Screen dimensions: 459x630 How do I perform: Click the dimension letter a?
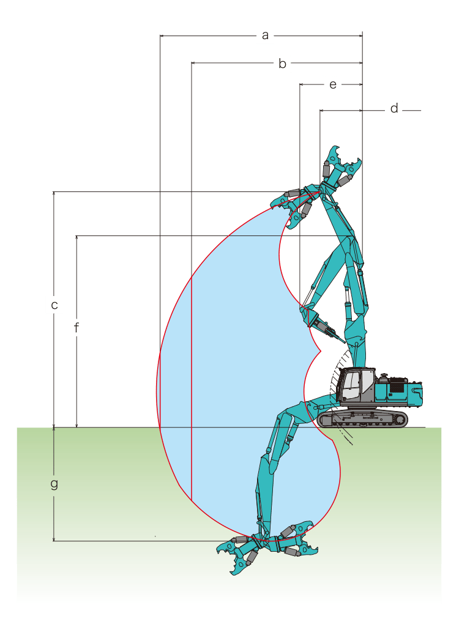coord(265,35)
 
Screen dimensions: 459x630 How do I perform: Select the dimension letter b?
coord(282,64)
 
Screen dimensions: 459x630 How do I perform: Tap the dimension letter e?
coord(333,85)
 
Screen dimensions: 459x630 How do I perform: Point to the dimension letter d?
coord(394,108)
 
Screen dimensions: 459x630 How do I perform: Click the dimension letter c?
coord(54,305)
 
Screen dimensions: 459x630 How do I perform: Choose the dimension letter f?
coord(76,328)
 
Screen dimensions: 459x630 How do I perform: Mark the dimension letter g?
coord(54,484)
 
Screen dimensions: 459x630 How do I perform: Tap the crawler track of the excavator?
coord(362,418)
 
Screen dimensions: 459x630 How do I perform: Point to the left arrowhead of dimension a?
coord(162,35)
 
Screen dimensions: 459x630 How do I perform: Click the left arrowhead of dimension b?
coord(194,63)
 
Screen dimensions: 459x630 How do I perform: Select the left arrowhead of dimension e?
coord(302,84)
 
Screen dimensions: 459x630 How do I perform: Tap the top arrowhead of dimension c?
coord(53,194)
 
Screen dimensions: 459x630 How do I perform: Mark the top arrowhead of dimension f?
coord(76,239)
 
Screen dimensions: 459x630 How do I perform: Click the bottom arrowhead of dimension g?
coord(53,538)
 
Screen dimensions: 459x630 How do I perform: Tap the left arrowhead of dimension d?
coord(323,110)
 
